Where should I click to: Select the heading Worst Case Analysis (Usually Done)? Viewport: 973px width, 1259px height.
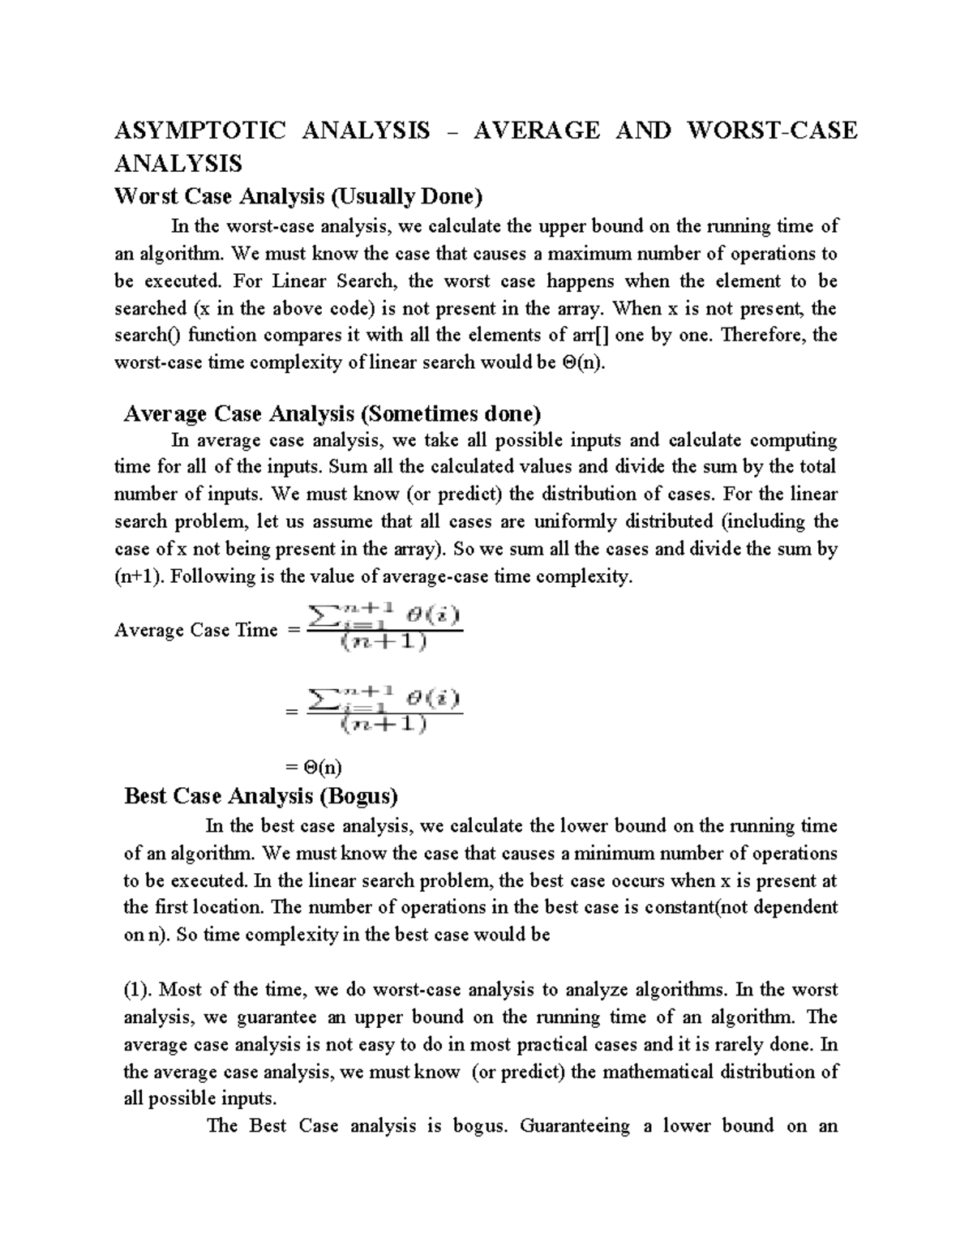coord(299,196)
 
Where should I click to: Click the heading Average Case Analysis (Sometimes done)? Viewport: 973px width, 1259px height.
coord(332,414)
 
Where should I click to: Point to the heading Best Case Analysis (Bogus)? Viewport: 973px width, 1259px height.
coord(260,796)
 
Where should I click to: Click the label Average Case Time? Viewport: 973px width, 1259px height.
coord(196,630)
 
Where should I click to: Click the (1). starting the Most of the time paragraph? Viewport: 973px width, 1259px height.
coord(138,990)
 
